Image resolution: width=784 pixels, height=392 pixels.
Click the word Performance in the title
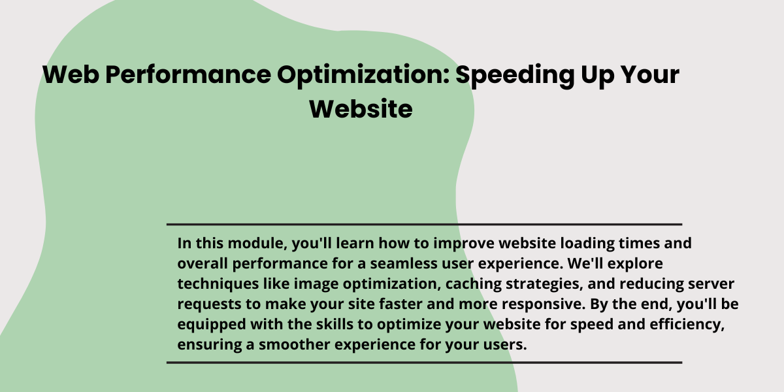188,75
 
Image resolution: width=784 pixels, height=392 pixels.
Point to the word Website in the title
361,109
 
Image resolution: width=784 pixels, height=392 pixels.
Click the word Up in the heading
597,75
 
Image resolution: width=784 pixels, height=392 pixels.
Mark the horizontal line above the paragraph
424,224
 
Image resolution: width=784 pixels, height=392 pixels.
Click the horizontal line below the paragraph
424,363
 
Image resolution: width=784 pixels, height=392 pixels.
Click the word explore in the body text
635,264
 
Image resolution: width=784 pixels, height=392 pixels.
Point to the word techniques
218,284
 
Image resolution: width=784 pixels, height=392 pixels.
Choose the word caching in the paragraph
473,284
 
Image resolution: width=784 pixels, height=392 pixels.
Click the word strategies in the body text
544,284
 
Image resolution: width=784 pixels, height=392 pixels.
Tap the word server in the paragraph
711,284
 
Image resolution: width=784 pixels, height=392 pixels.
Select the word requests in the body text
209,304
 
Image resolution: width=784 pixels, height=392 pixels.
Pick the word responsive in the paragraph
544,304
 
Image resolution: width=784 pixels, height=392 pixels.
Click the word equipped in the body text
212,325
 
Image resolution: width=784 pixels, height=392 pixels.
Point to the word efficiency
687,325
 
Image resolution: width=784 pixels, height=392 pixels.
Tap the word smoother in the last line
295,344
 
